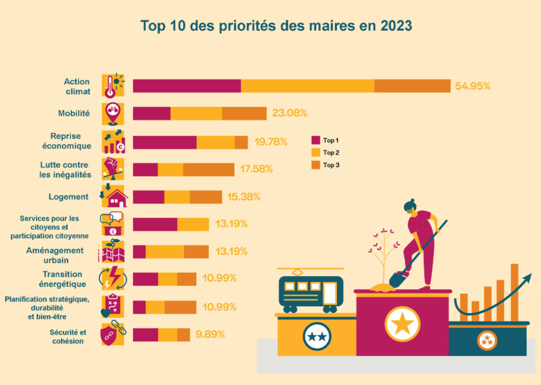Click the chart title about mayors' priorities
276,26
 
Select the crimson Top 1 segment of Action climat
186,86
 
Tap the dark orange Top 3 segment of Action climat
412,86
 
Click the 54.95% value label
473,86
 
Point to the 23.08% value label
290,113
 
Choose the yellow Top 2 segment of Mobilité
196,113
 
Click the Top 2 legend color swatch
316,153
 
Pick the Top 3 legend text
331,165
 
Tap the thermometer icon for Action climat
111,86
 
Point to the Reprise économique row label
67,141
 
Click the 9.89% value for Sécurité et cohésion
210,334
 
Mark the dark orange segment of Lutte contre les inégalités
209,170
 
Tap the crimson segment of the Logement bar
148,197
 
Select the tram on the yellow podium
310,293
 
